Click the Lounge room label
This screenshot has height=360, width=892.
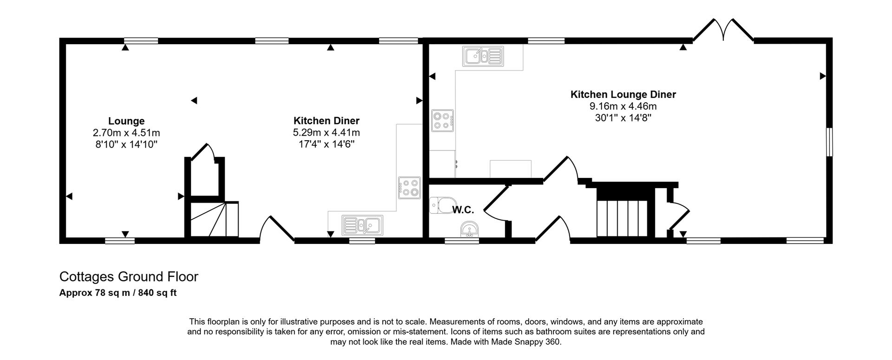tap(126, 121)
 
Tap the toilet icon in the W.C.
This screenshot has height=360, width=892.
tap(439, 205)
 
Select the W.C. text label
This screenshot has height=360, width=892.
tap(463, 210)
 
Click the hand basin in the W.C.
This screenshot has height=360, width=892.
tap(469, 230)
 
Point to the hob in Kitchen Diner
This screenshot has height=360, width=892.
tap(409, 188)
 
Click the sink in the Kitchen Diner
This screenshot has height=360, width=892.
tap(362, 225)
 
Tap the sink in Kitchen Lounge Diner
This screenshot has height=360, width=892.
tap(483, 56)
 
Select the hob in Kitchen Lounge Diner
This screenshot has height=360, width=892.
tap(442, 120)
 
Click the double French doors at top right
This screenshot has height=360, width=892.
tap(723, 30)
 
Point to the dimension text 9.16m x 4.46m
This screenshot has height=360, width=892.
tap(623, 106)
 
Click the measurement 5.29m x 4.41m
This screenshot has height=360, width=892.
tap(326, 132)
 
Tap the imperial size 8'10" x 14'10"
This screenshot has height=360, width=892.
tap(126, 144)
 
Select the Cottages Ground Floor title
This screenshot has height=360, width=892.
tap(129, 277)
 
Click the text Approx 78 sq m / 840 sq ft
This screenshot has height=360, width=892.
tap(118, 293)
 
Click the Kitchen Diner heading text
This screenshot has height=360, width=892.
tap(326, 121)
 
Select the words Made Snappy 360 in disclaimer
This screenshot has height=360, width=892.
tap(531, 342)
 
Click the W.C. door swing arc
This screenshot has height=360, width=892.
tap(493, 204)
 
